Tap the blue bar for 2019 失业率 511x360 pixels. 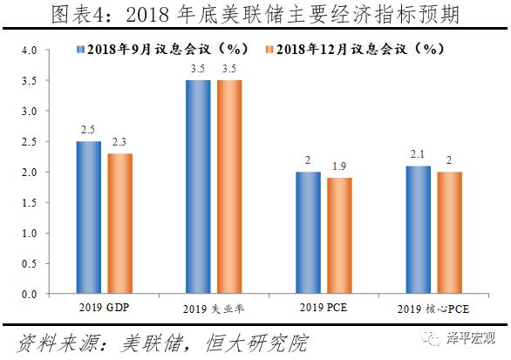click(x=199, y=187)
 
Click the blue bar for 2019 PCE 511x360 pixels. click(x=308, y=233)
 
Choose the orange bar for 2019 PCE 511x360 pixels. click(x=340, y=236)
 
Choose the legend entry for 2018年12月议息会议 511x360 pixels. click(x=349, y=51)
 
